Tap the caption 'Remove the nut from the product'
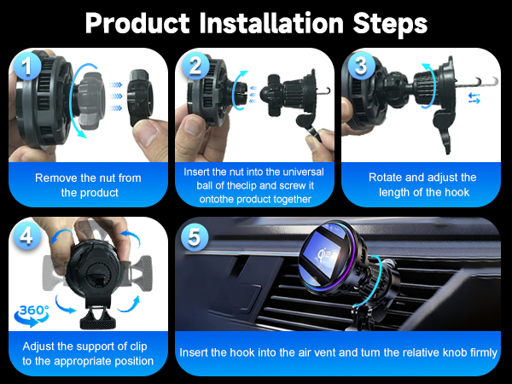[88, 185]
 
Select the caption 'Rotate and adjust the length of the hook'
[422, 185]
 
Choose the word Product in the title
[135, 23]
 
